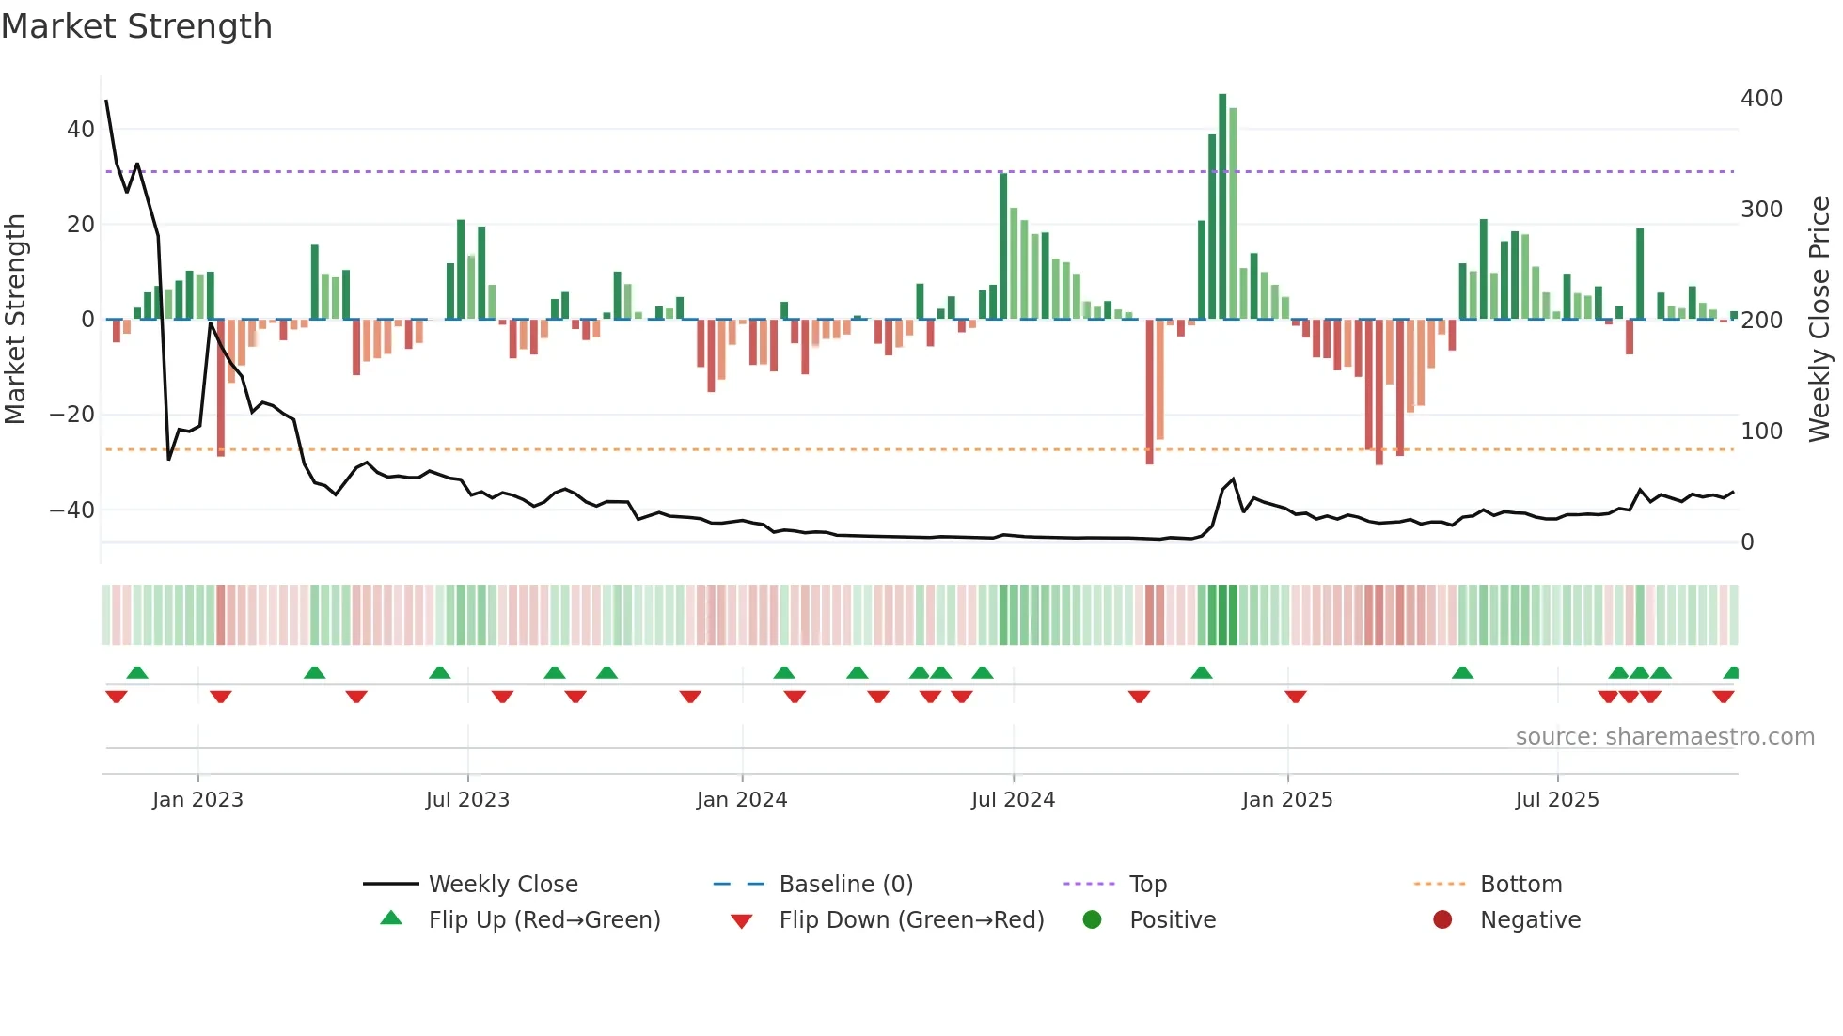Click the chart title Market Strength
(136, 26)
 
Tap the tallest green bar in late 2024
(1222, 207)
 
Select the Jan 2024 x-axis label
(741, 800)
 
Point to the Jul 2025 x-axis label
(1556, 800)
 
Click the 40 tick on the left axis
(81, 130)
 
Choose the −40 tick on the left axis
(72, 510)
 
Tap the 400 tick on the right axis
(1761, 99)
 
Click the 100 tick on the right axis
(1761, 432)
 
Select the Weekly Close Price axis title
(1819, 320)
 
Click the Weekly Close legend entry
(502, 885)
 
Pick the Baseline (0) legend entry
(845, 885)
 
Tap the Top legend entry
(1147, 885)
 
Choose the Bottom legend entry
(1520, 885)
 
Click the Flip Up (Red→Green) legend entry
(543, 920)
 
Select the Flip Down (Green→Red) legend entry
(910, 920)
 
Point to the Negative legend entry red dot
(1442, 920)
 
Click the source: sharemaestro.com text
(1664, 737)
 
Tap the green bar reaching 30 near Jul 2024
(1003, 246)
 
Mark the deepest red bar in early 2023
(221, 387)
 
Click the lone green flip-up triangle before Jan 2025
(1202, 673)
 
